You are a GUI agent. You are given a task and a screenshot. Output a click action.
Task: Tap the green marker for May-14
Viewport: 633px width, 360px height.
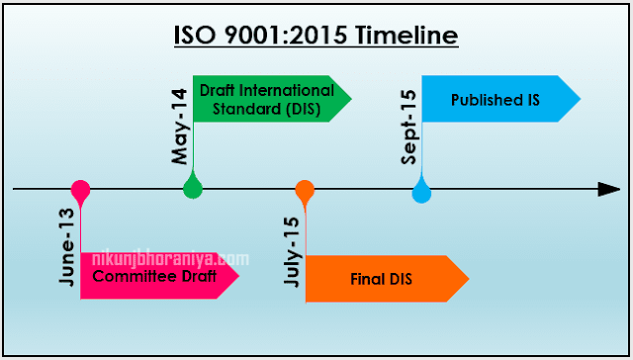[193, 185]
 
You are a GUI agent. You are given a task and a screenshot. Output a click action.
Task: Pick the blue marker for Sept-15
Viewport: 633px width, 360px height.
[421, 190]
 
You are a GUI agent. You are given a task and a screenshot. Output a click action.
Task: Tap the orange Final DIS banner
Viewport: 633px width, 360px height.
[386, 279]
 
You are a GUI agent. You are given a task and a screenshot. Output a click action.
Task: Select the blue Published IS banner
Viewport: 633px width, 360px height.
[498, 100]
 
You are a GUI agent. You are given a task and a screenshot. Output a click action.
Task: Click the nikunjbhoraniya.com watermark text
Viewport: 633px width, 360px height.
[168, 259]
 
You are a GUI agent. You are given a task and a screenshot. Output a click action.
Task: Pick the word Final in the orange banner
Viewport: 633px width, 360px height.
[368, 279]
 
